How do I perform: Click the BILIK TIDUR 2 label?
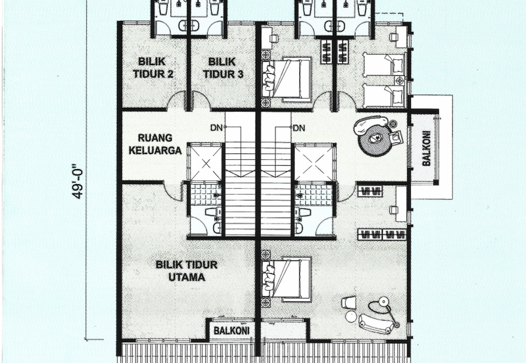(153, 68)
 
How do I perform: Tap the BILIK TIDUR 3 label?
(223, 68)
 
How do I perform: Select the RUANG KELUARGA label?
(155, 144)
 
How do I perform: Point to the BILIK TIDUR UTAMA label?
(187, 271)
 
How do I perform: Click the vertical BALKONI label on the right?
(426, 148)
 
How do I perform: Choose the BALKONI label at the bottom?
(231, 331)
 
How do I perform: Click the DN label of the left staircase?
(216, 128)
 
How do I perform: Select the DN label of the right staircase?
(299, 128)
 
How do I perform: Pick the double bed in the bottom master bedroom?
(287, 278)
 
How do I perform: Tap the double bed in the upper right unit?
(287, 79)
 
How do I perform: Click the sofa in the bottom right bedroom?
(375, 324)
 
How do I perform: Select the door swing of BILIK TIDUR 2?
(176, 100)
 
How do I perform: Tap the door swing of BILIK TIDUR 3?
(201, 100)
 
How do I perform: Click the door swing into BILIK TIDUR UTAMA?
(172, 192)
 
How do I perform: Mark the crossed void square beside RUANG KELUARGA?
(206, 163)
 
